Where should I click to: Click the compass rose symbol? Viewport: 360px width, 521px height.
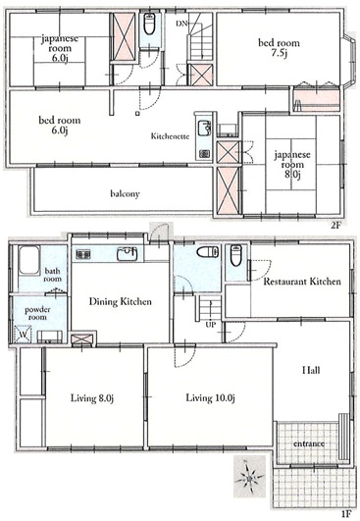tap(249, 478)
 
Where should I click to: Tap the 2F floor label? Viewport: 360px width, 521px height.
tap(335, 226)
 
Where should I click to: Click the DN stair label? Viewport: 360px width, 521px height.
tap(181, 24)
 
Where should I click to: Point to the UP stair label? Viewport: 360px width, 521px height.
tap(210, 325)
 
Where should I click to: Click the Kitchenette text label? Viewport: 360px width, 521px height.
tap(170, 136)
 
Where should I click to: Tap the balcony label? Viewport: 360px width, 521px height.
tap(125, 193)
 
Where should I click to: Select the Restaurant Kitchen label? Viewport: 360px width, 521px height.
tap(302, 282)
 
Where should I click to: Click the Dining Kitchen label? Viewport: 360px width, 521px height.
tap(121, 301)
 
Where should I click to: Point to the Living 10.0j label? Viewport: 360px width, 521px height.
tap(210, 397)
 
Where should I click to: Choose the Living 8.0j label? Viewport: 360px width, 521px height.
tap(92, 397)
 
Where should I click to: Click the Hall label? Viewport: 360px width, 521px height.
tap(311, 370)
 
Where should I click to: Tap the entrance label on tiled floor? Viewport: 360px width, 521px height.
tap(309, 443)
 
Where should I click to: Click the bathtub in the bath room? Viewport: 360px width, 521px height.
tap(29, 260)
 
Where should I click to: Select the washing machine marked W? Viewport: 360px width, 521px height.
tap(24, 335)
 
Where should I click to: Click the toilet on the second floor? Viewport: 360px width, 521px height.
tap(149, 24)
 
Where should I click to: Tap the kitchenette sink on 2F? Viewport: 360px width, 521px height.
tap(204, 129)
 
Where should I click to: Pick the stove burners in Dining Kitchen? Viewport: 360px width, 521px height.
tap(83, 254)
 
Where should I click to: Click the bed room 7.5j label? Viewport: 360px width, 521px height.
tap(279, 47)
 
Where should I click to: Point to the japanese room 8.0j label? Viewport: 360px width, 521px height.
tap(292, 165)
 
